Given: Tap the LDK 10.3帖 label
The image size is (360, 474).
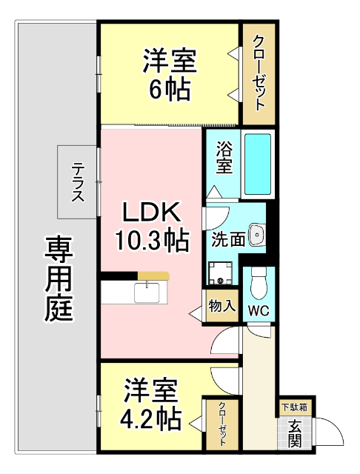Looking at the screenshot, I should [x=151, y=225].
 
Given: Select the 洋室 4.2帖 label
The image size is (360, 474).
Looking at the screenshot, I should [x=150, y=404].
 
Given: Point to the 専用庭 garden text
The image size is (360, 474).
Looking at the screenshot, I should [x=59, y=278].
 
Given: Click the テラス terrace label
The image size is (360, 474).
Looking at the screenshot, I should [x=77, y=181].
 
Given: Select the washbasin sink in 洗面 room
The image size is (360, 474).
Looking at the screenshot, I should [x=258, y=235].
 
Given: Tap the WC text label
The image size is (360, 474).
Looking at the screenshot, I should [x=259, y=310].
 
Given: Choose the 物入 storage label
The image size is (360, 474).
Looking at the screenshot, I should [x=221, y=304].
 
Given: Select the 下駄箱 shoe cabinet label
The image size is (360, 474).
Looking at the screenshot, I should [x=295, y=407].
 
